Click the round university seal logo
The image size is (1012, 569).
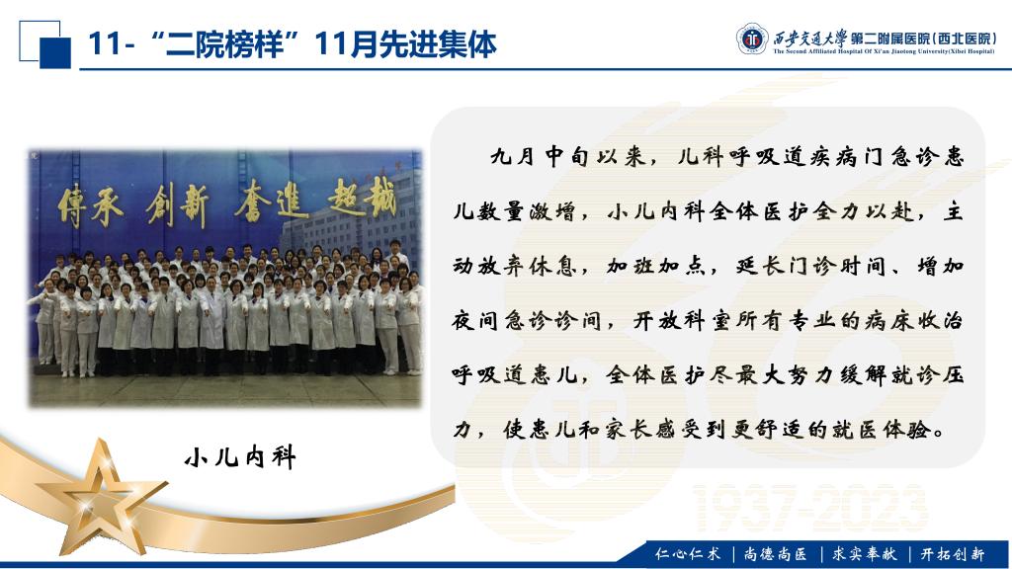(x=752, y=39)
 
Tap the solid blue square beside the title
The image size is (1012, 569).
(x=55, y=53)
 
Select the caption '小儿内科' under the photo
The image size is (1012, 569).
(x=240, y=457)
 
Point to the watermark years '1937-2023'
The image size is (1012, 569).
(x=811, y=509)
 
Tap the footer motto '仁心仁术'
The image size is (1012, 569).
(x=688, y=553)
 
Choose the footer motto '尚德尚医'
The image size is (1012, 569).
(x=776, y=553)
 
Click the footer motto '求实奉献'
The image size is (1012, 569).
(x=864, y=553)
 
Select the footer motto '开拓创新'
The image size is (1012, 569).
(x=953, y=553)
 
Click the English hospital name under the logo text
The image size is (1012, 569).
(x=884, y=51)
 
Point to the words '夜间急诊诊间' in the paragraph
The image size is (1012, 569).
(x=528, y=321)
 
